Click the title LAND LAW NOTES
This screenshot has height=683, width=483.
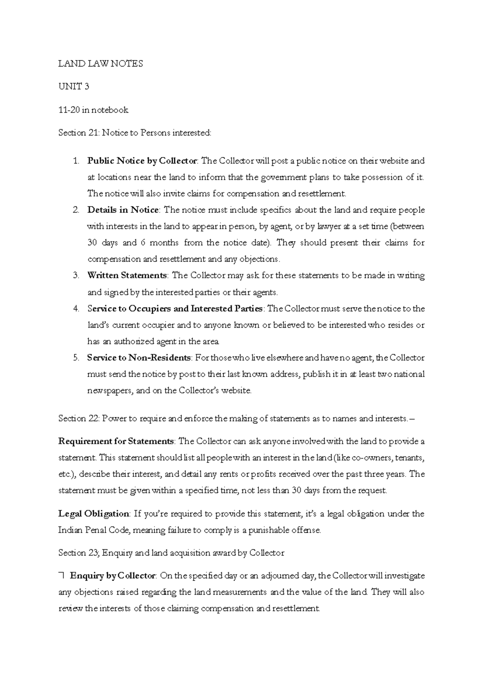[x=101, y=64]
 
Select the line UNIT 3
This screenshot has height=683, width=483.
[x=73, y=87]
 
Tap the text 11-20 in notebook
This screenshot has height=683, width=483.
[x=93, y=110]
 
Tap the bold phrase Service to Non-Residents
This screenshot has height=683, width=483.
[x=139, y=358]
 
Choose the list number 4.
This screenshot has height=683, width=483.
[x=76, y=309]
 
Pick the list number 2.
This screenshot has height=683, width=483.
[x=76, y=210]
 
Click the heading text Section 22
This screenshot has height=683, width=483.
[x=78, y=418]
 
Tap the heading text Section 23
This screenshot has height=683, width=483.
[x=78, y=553]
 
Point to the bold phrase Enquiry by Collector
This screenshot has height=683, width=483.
[x=113, y=576]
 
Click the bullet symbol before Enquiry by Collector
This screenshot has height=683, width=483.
[x=62, y=576]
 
